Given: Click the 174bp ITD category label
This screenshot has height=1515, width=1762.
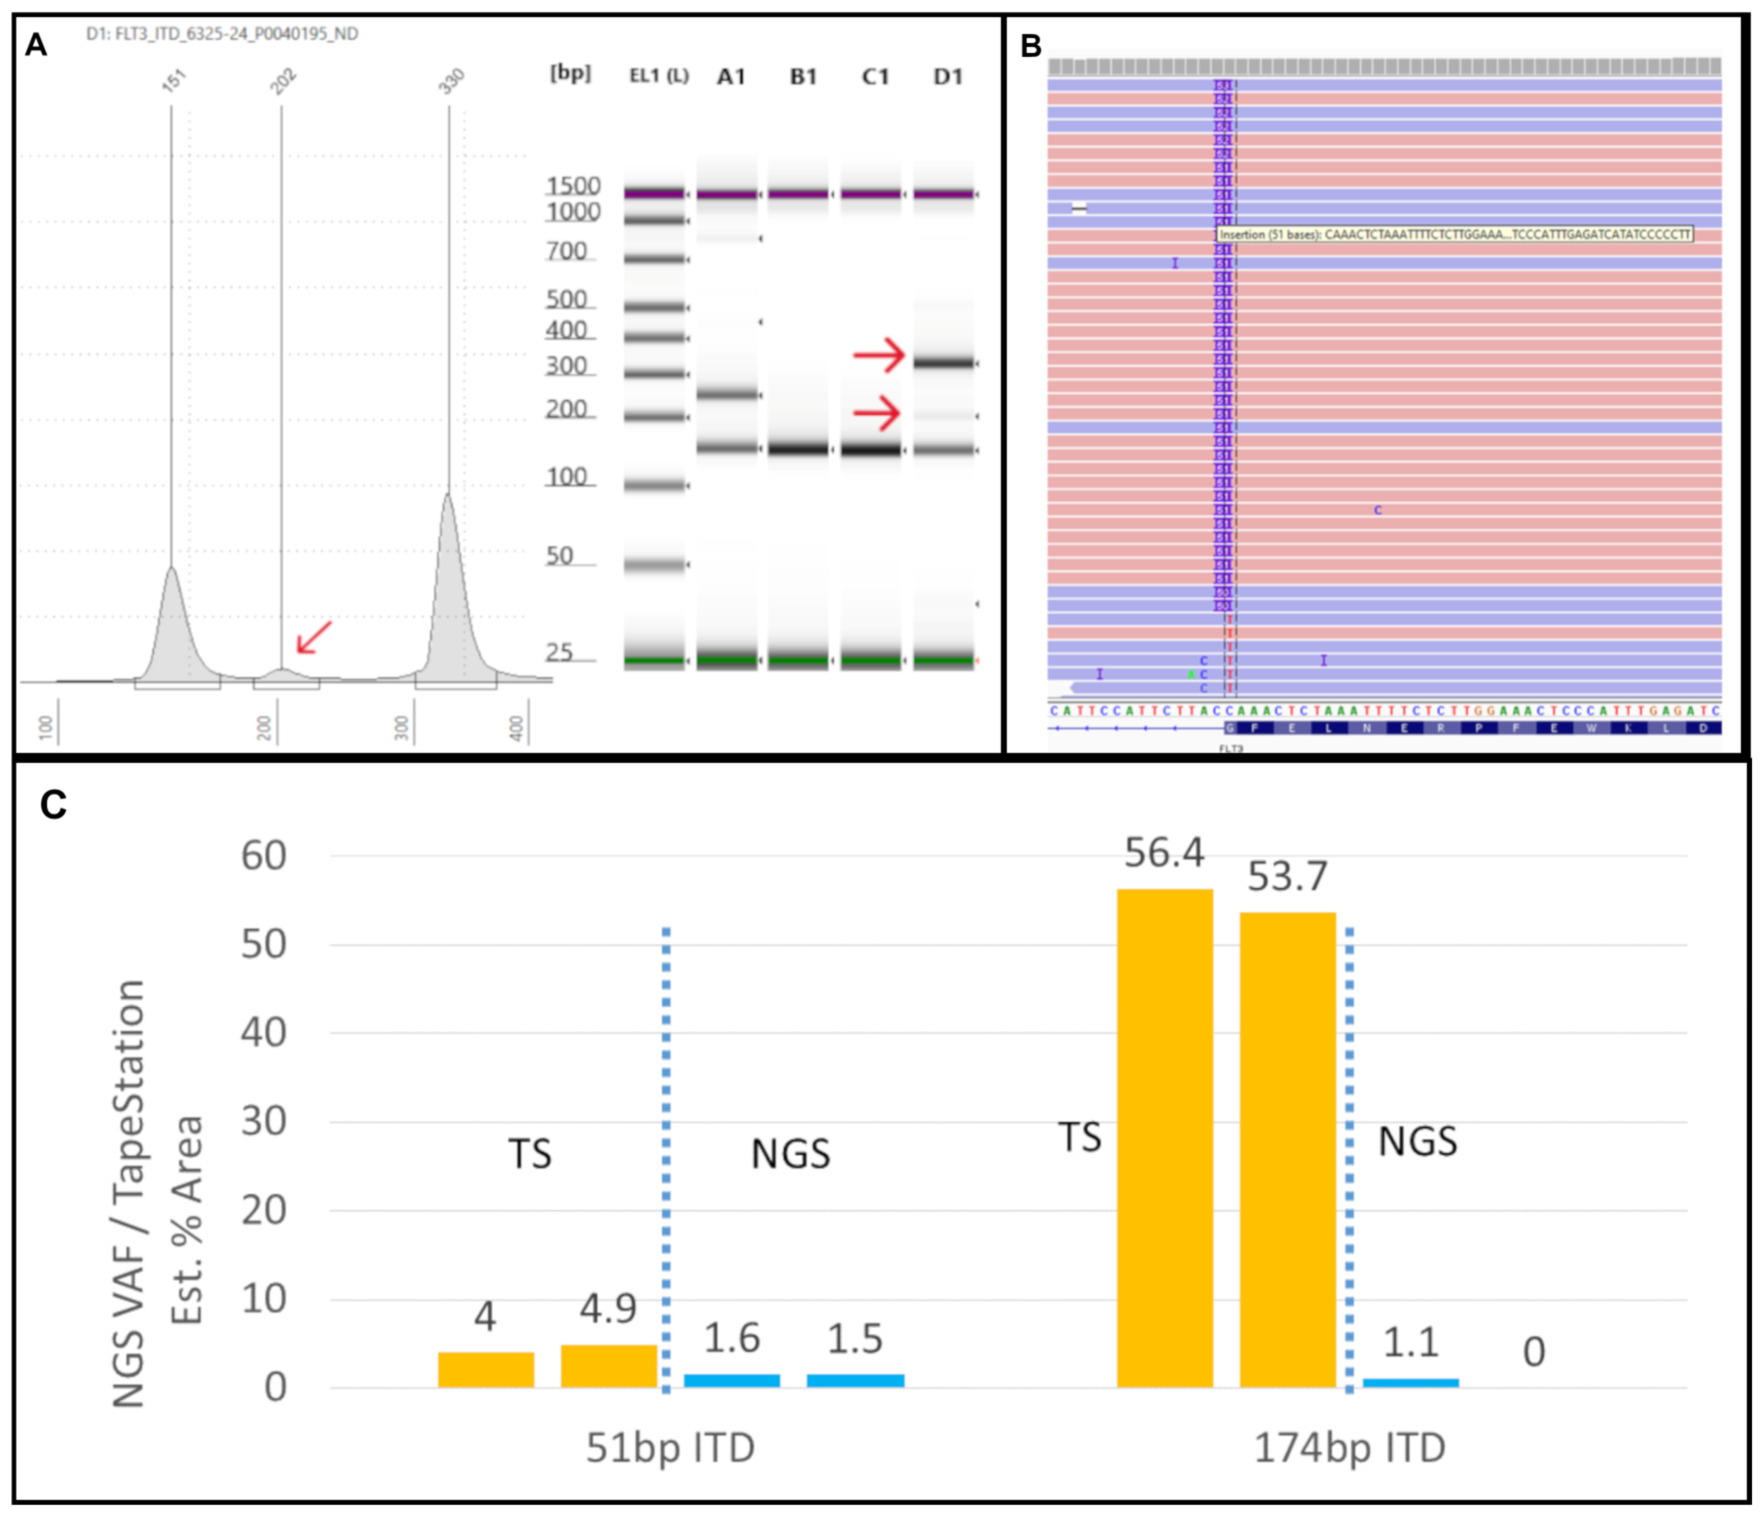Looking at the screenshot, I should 1349,1448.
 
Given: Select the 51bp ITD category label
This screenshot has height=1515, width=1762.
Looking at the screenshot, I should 670,1448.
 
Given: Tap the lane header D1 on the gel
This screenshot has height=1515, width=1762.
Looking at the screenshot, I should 947,77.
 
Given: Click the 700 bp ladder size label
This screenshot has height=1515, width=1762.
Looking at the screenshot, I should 567,252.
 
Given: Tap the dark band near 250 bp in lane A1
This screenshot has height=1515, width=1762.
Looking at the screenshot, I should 727,395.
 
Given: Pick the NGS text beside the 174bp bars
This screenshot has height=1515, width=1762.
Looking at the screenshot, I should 1417,1141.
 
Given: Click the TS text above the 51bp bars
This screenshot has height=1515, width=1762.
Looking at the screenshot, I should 530,1154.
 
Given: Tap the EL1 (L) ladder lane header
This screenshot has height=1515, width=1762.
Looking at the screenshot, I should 658,77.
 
